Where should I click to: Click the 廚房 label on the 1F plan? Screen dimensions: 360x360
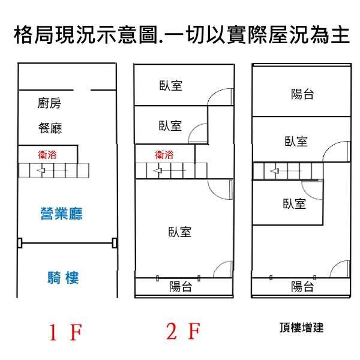point(49,103)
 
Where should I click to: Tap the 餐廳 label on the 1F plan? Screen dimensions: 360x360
point(50,128)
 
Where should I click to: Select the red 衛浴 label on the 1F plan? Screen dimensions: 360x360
point(47,155)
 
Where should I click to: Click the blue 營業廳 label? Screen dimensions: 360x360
point(61,214)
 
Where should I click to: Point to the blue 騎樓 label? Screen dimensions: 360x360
point(63,278)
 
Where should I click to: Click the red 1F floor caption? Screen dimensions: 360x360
point(65,332)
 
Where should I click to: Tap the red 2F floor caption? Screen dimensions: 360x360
point(183,331)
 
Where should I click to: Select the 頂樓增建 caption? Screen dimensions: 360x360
point(302,328)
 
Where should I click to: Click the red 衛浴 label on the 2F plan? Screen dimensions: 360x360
point(164,155)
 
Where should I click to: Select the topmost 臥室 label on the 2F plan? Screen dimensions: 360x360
point(171,86)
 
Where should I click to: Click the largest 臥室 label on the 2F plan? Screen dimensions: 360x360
point(180,232)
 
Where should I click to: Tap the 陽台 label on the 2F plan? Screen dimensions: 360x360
point(181,287)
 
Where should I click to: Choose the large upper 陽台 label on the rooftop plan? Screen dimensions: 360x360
point(302,94)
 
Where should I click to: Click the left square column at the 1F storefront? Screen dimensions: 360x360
point(20,243)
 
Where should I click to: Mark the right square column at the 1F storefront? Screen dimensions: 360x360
point(115,243)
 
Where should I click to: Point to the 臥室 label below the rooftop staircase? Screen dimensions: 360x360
point(295,203)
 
